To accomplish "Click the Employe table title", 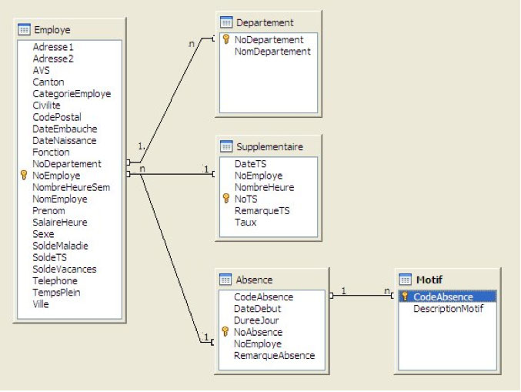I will [52, 30].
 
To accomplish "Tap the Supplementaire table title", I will [269, 146].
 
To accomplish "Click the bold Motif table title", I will [429, 279].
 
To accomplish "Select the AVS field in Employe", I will [41, 70].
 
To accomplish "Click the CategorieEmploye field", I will [72, 94].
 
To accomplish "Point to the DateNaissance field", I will [65, 141].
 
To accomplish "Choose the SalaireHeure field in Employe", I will [59, 223].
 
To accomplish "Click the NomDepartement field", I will [272, 52].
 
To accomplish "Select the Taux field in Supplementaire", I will [245, 222].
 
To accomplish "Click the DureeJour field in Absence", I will [256, 320].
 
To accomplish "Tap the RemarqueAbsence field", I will [274, 356].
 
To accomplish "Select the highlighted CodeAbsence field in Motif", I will [443, 297].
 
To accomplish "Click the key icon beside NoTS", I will [226, 199].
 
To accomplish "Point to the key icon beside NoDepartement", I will [226, 39].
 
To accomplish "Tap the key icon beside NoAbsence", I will [226, 332].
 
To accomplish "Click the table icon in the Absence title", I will [226, 279].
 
